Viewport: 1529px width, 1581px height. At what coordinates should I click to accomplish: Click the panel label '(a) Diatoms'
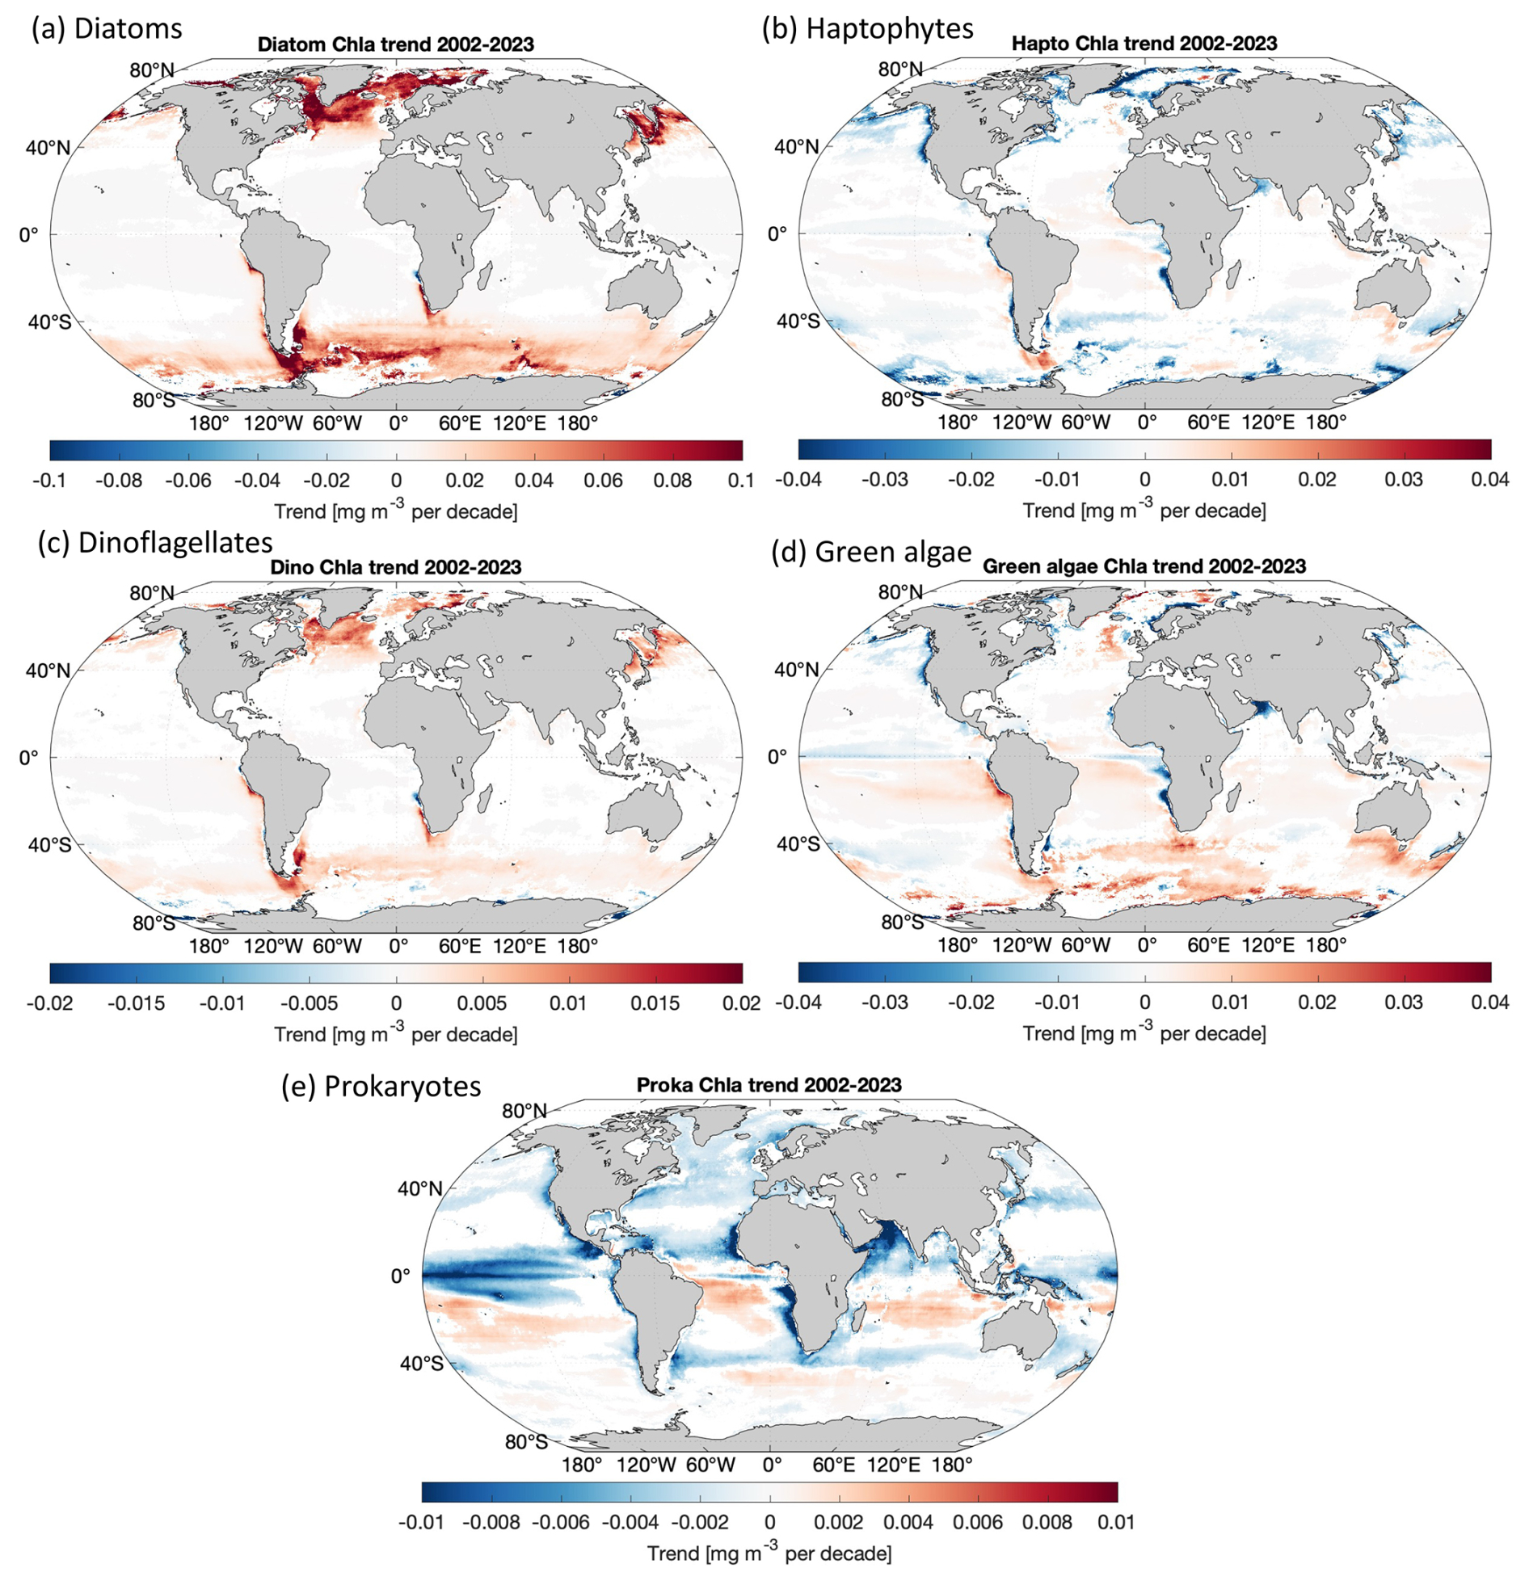[x=107, y=28]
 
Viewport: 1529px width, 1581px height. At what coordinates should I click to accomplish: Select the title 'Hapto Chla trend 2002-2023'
[x=1144, y=44]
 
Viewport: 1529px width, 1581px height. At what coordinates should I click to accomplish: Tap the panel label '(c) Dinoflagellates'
[x=155, y=542]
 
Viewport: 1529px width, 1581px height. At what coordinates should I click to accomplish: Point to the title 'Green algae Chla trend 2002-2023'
[x=1144, y=566]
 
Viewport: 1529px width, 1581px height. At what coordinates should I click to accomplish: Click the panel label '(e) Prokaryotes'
[x=381, y=1086]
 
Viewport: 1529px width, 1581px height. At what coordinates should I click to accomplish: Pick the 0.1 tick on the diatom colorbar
[x=740, y=480]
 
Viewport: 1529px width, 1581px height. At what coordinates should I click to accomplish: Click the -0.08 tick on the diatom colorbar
[x=119, y=480]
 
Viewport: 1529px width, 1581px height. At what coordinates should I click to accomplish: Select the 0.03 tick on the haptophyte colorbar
[x=1403, y=479]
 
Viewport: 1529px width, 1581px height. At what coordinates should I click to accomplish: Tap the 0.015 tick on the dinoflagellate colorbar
[x=655, y=1003]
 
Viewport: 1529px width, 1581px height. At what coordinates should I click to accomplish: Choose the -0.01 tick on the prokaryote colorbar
[x=421, y=1522]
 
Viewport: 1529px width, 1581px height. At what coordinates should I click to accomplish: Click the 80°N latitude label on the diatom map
[x=151, y=71]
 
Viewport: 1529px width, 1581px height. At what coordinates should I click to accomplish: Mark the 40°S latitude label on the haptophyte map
[x=798, y=321]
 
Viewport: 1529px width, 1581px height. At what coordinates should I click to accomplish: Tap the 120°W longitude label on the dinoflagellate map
[x=272, y=945]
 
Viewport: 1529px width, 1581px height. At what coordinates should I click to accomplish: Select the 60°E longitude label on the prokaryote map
[x=833, y=1465]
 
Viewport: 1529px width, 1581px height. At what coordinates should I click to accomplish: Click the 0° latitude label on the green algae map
[x=777, y=757]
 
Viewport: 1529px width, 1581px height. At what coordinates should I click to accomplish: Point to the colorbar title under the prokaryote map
[x=769, y=1553]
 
